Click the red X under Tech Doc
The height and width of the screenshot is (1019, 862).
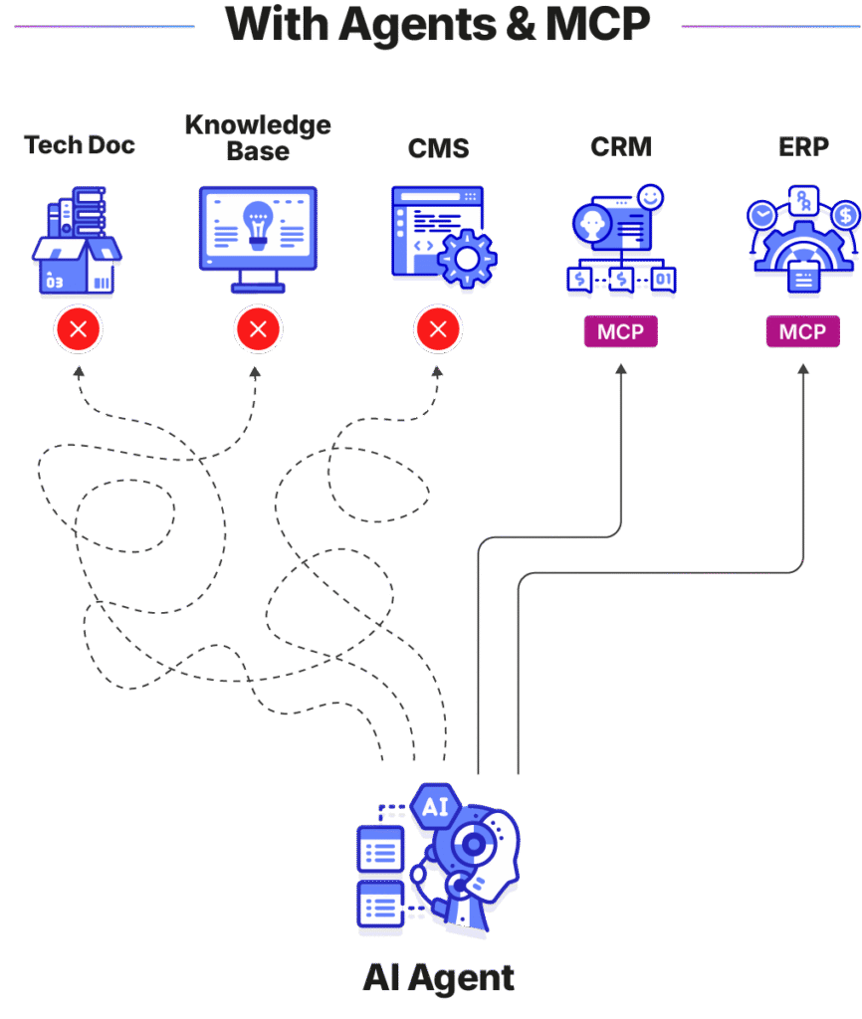79,329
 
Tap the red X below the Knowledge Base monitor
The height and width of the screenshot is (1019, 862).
258,329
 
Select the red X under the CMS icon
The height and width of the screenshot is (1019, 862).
438,329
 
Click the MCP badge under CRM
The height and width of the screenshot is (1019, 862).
620,331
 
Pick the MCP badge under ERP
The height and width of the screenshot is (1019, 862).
802,331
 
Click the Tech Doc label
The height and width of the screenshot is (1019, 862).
80,145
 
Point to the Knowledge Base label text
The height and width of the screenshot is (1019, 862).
258,137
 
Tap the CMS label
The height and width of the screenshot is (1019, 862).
438,148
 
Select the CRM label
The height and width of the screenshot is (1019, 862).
620,147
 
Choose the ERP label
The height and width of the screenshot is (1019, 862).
802,147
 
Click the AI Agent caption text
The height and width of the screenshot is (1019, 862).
438,977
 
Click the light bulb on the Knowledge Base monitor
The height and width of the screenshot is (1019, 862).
259,224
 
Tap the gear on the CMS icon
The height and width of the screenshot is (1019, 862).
465,257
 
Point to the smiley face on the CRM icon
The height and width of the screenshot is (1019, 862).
650,198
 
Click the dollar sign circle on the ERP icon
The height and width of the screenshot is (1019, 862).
845,215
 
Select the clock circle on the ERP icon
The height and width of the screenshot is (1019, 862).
762,215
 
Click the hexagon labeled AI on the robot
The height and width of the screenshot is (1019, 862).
435,806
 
